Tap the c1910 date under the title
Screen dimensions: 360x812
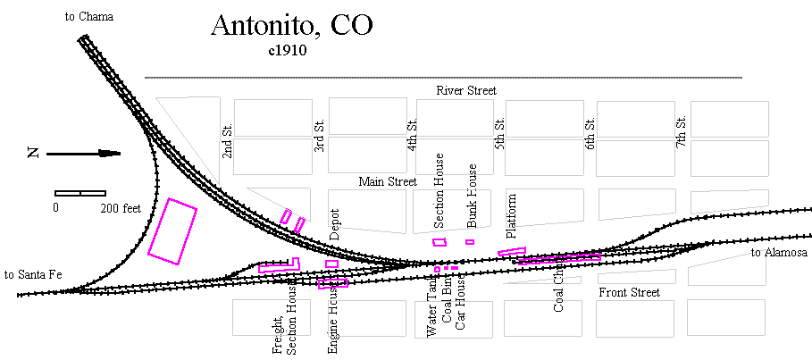tap(288, 51)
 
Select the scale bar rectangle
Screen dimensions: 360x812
tap(80, 193)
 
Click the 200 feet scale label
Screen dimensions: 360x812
tap(121, 208)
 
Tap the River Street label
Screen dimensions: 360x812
tap(466, 91)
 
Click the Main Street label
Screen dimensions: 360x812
tap(388, 181)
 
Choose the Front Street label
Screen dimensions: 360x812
tap(629, 292)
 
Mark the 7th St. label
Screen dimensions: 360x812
tap(681, 132)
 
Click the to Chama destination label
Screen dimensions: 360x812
tap(89, 16)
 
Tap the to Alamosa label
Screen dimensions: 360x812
tap(777, 253)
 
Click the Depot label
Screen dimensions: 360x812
tap(335, 230)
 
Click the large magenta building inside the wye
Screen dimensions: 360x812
tap(172, 231)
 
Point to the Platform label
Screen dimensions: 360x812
tap(512, 217)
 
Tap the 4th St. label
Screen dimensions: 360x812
tap(412, 135)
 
